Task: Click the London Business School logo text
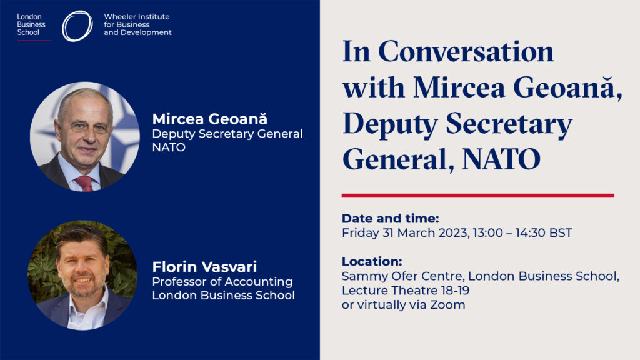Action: [31, 24]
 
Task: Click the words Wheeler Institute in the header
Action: [137, 17]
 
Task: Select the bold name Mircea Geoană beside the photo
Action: [210, 119]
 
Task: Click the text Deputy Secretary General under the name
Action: [227, 134]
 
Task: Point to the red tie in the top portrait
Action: [84, 183]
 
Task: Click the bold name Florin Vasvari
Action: [204, 267]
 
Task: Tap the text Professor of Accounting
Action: [222, 282]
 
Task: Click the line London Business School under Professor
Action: [223, 295]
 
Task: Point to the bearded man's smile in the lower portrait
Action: [83, 281]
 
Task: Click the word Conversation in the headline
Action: [466, 52]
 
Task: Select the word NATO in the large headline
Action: [501, 159]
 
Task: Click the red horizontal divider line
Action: [478, 196]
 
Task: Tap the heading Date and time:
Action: [390, 218]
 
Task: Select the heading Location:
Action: [372, 262]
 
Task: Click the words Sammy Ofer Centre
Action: [402, 276]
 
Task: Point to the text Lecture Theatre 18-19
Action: [406, 291]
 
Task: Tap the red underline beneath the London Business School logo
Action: [34, 41]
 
